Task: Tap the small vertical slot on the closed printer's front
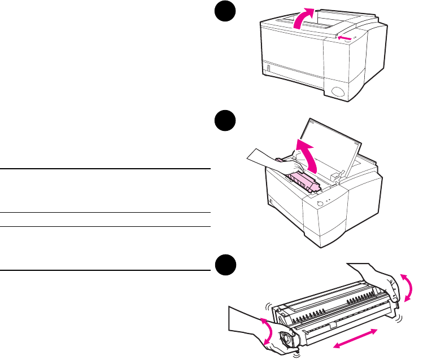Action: point(269,71)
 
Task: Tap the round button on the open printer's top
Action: point(321,204)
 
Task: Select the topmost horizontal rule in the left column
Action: point(105,169)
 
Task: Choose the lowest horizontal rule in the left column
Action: point(105,270)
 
